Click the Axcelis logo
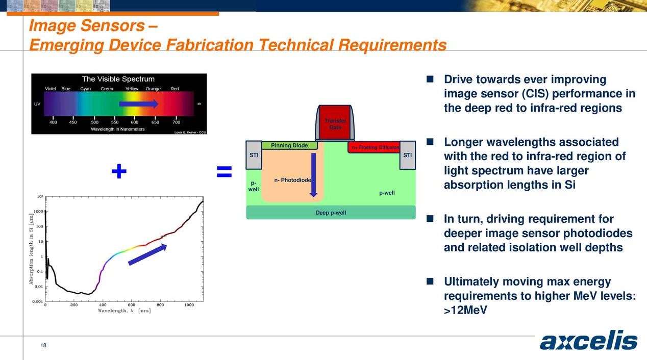[x=588, y=342]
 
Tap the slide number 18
[x=43, y=346]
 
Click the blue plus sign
[x=119, y=172]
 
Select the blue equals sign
[x=224, y=172]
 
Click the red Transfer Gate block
[x=335, y=122]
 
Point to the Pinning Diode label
[x=289, y=146]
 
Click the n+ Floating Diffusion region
[x=374, y=148]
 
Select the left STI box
[x=254, y=155]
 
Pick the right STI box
[x=407, y=155]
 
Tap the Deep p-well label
[x=331, y=213]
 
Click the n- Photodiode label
[x=292, y=180]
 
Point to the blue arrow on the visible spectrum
[x=138, y=104]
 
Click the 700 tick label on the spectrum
[x=177, y=122]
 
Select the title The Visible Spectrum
[x=118, y=79]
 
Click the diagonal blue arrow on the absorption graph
[x=147, y=255]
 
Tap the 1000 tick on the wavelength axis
[x=189, y=305]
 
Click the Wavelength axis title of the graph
[x=124, y=311]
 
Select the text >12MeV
[x=462, y=310]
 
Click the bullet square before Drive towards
[x=430, y=80]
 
